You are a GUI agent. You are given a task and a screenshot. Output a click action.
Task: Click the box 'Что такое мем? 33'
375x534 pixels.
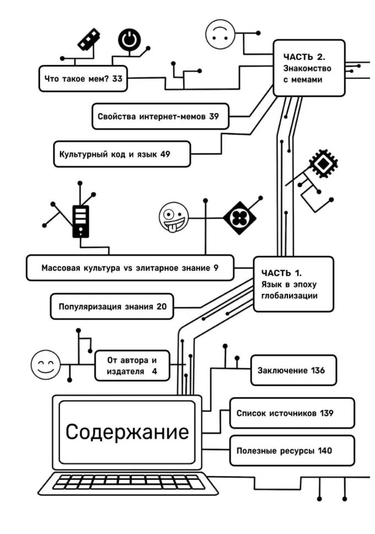(83, 78)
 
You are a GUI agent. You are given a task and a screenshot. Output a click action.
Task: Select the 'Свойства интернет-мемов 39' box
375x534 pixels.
(160, 116)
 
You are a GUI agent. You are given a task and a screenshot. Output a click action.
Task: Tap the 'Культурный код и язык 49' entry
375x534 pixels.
(122, 154)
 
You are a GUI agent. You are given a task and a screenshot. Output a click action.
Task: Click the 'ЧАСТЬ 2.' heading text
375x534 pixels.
(305, 57)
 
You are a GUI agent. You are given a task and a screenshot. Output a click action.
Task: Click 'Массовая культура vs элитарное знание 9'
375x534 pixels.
(130, 269)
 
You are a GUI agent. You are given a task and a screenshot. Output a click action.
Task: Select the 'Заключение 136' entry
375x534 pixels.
(293, 370)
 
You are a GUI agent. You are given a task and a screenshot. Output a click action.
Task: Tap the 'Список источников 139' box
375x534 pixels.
(292, 413)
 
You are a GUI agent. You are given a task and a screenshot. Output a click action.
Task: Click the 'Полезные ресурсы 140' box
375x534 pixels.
(292, 451)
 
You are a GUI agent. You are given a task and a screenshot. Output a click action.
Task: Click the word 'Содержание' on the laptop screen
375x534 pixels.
(127, 432)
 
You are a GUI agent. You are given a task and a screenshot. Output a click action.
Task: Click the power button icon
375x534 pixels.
(129, 40)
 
